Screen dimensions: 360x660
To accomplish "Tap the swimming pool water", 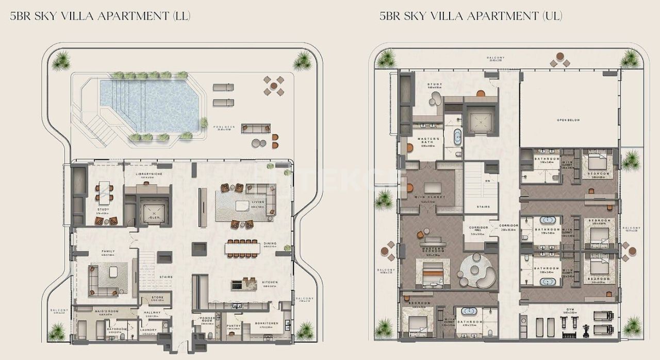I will pos(155,103).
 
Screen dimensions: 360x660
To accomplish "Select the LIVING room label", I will pos(258,202).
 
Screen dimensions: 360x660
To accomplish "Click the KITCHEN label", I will pos(270,282).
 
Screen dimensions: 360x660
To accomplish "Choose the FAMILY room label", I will pos(108,251).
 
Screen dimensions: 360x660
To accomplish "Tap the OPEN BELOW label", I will pos(568,120).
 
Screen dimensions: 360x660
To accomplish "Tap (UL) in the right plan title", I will pos(552,16).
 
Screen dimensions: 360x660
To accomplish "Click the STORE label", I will pos(157,298).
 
